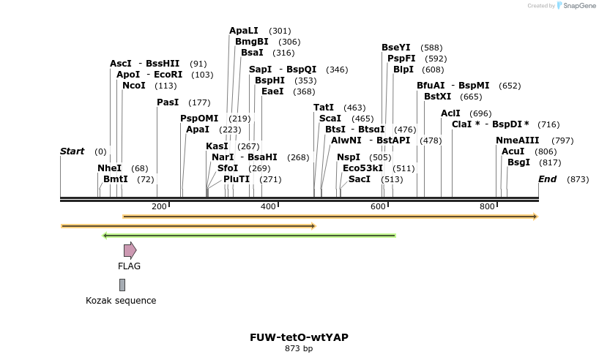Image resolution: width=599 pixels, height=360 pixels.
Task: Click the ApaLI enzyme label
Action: coord(244,31)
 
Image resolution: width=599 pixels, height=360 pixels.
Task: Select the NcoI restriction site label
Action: coord(134,86)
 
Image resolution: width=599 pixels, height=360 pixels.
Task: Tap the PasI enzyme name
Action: coord(168,102)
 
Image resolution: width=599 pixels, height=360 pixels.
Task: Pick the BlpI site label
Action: coord(403,70)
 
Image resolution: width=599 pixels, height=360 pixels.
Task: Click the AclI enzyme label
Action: coord(450,113)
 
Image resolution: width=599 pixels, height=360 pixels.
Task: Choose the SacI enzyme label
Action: coord(360,179)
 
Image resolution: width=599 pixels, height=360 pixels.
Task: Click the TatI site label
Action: coord(324,108)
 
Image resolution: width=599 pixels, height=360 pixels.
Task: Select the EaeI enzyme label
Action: coord(272,91)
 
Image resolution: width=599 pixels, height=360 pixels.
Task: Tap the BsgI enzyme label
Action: coord(518,162)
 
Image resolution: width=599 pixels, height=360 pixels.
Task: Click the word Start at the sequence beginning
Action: coord(72,151)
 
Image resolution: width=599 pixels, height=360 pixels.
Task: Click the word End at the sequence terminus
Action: coord(547,179)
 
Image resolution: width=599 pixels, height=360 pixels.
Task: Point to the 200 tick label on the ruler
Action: coord(159,207)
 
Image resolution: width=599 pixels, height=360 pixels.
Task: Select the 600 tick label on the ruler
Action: coord(378,207)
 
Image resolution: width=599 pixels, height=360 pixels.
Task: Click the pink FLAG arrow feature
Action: coord(130,250)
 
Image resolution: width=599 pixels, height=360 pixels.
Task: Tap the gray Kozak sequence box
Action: coord(122,285)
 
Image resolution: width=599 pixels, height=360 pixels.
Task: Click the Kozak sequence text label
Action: coord(121,301)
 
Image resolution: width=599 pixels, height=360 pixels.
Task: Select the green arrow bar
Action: coord(249,236)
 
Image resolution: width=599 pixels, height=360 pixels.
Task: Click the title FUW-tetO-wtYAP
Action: coord(299,337)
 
